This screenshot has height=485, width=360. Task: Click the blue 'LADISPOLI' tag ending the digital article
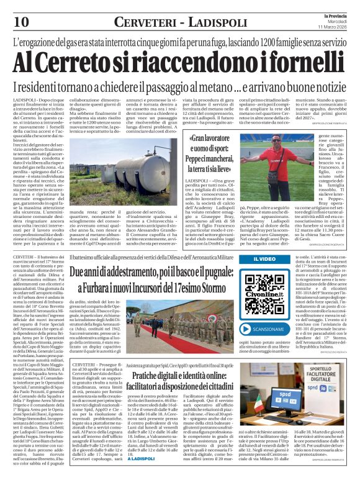click(x=128, y=476)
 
